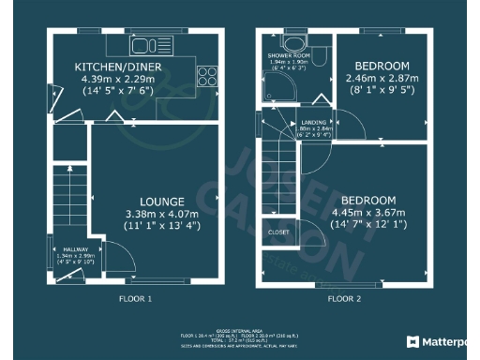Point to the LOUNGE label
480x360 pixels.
click(x=162, y=202)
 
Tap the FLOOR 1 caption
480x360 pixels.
click(x=135, y=298)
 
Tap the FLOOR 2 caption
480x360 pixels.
click(x=343, y=298)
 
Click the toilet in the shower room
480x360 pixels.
click(x=320, y=58)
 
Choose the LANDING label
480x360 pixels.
click(x=314, y=122)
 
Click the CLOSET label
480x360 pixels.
click(x=278, y=231)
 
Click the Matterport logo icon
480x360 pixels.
click(x=412, y=341)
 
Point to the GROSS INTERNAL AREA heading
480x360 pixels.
click(x=240, y=329)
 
